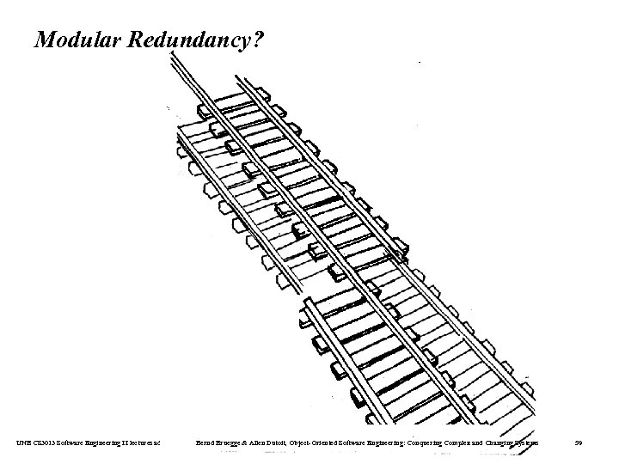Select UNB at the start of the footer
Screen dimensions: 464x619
pyautogui.click(x=21, y=442)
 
